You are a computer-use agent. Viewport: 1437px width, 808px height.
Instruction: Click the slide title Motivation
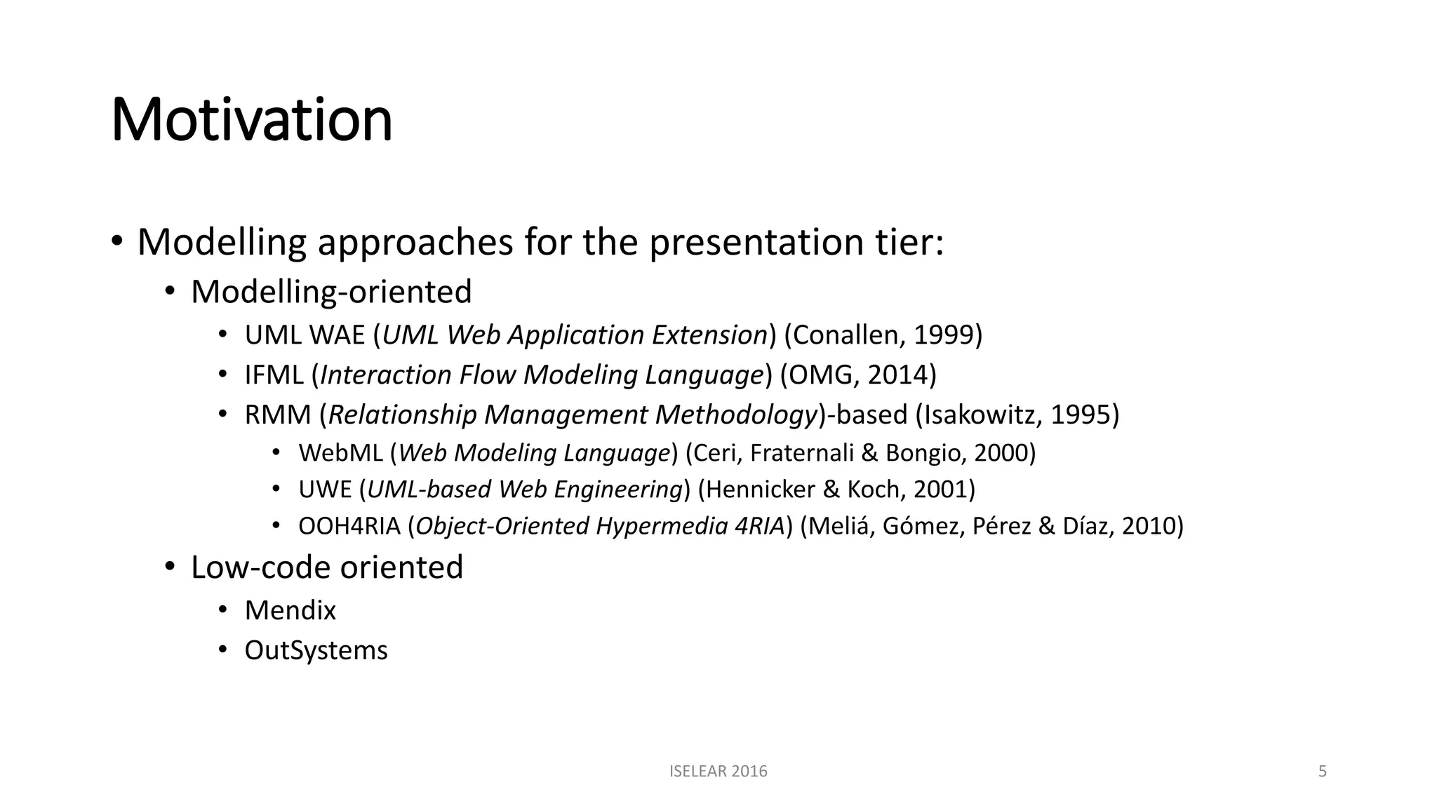coord(251,120)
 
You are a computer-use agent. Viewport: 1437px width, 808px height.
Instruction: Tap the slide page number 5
coord(1323,772)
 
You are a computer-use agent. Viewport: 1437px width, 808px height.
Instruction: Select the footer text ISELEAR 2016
coord(718,772)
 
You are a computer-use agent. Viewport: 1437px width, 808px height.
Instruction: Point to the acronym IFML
coord(274,375)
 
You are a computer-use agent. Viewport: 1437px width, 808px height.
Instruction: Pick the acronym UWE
coord(325,490)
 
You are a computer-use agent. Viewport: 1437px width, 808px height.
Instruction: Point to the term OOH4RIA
coord(349,526)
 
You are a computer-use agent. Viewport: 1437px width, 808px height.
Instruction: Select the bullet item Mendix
coord(290,610)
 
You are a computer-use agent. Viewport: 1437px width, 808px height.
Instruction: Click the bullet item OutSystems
coord(316,650)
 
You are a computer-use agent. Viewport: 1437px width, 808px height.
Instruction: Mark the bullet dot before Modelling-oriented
coord(170,291)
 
